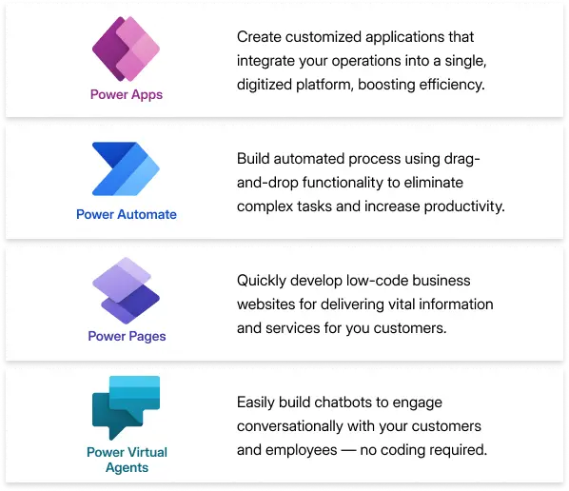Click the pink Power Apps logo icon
126,49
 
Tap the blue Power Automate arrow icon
126,168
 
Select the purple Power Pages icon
126,290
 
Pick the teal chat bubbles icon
126,408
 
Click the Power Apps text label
127,95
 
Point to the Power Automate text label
127,214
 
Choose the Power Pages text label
127,337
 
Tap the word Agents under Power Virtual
127,468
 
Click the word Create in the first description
259,37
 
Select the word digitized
265,85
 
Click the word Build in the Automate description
253,159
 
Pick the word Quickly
262,281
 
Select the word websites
266,304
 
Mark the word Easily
256,403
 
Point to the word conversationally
290,426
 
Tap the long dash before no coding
348,450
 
